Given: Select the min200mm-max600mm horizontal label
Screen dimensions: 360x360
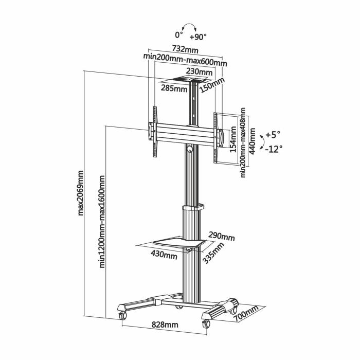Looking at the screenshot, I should pos(185,62).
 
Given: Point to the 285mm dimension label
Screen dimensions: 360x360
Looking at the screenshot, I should pos(174,88).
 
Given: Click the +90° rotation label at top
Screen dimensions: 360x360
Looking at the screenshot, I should pos(197,37).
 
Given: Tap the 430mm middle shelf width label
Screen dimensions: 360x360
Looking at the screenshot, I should pos(164,255).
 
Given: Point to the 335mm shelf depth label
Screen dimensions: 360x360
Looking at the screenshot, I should pos(213,253).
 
